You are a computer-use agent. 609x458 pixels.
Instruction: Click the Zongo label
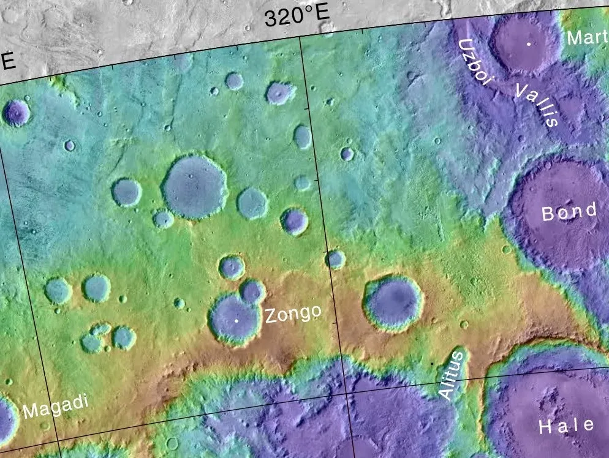293,314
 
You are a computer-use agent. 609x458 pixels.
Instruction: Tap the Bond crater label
569,212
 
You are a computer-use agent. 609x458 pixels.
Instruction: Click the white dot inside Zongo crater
236,320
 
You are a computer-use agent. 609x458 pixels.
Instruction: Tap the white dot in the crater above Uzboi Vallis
528,44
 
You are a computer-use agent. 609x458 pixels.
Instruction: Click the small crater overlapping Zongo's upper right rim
252,291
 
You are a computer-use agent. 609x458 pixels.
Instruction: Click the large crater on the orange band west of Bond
393,302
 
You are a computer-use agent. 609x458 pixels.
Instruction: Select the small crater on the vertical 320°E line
335,259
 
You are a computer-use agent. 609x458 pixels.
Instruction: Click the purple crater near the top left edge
16,113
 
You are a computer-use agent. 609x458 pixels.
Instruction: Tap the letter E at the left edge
8,61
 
